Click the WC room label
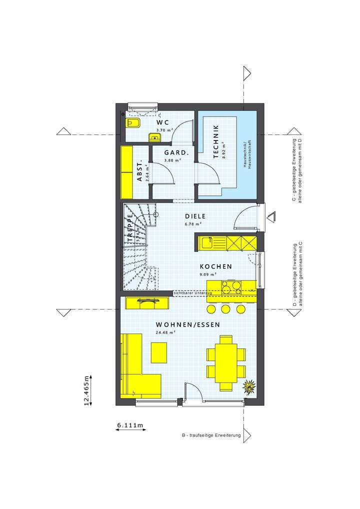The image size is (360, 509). point(162,122)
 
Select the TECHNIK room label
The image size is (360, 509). point(215,141)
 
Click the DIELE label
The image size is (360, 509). point(195,216)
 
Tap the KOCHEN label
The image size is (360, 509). point(216,266)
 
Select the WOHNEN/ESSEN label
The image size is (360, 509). point(188,324)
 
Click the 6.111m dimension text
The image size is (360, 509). point(130,425)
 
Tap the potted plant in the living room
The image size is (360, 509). point(248,386)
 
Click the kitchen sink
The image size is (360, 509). point(207,243)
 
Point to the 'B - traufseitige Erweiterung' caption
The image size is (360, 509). point(211,435)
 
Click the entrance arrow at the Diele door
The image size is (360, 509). point(272,217)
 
